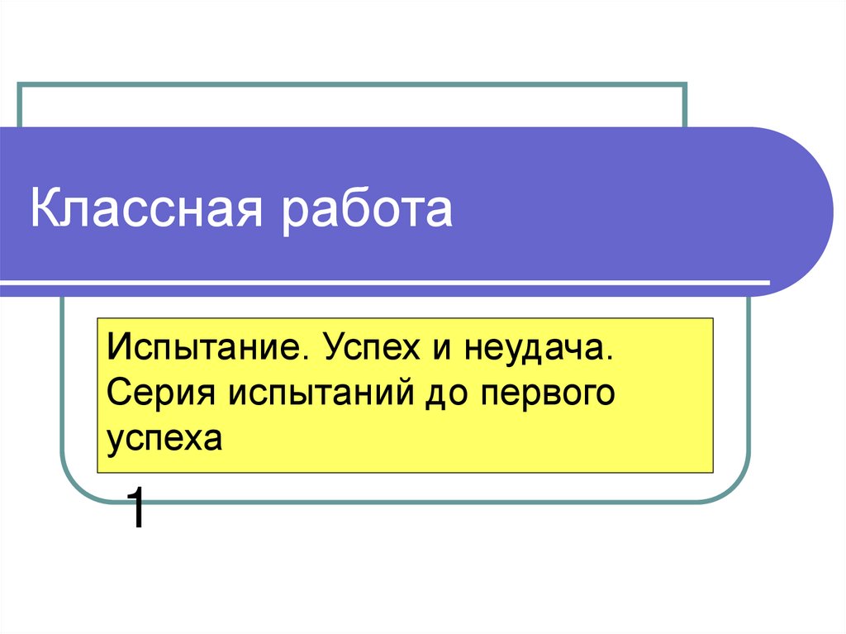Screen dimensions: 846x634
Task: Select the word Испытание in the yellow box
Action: tap(202, 348)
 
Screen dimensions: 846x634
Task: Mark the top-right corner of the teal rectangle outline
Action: tap(686, 84)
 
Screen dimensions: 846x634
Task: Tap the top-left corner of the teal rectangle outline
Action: tap(20, 84)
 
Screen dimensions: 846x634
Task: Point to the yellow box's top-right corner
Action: tap(713, 318)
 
